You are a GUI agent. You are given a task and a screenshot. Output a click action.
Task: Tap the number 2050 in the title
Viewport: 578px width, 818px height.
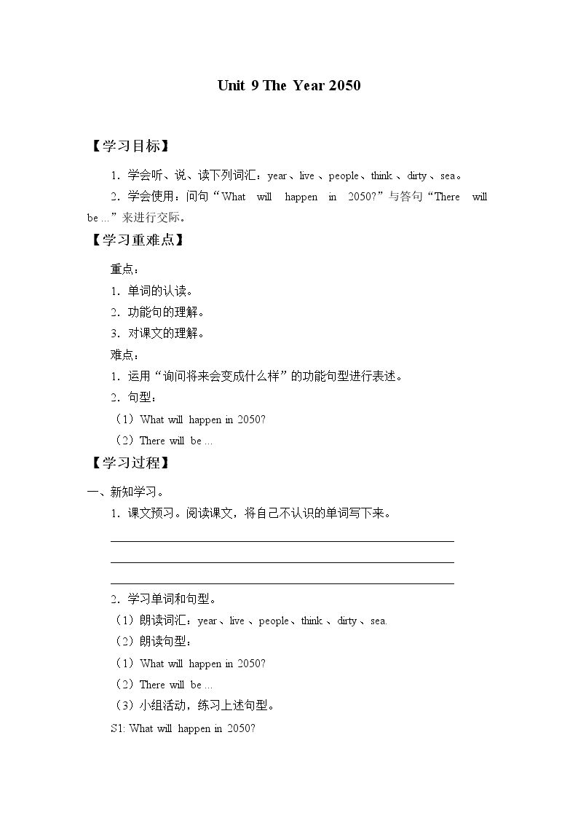click(x=344, y=85)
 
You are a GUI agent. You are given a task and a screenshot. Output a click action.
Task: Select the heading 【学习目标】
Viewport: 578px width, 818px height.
click(x=130, y=146)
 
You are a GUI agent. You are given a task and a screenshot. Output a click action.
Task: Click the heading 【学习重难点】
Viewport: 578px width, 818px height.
click(x=136, y=240)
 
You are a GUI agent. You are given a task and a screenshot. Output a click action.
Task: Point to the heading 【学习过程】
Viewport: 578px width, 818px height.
click(x=130, y=463)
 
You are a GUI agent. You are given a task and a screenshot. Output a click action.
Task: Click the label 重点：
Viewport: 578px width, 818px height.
click(x=124, y=270)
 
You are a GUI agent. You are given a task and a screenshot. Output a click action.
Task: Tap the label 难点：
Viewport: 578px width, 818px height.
click(x=124, y=355)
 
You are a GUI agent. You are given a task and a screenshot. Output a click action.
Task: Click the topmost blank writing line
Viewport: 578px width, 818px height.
click(x=282, y=541)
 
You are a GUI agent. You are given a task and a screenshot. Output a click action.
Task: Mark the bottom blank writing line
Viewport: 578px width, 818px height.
click(x=282, y=583)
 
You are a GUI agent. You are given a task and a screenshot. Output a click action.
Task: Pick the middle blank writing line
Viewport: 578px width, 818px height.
click(x=282, y=562)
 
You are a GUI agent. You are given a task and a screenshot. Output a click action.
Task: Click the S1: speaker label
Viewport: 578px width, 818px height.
click(x=118, y=728)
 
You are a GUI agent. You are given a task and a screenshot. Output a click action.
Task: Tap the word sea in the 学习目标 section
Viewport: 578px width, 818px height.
click(x=448, y=176)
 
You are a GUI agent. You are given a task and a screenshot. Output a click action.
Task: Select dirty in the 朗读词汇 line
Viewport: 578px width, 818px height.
click(x=347, y=621)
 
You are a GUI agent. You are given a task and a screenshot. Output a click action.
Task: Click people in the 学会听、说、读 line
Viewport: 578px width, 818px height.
click(x=344, y=176)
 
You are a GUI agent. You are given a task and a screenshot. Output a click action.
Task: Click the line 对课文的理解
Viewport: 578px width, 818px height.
click(x=167, y=334)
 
